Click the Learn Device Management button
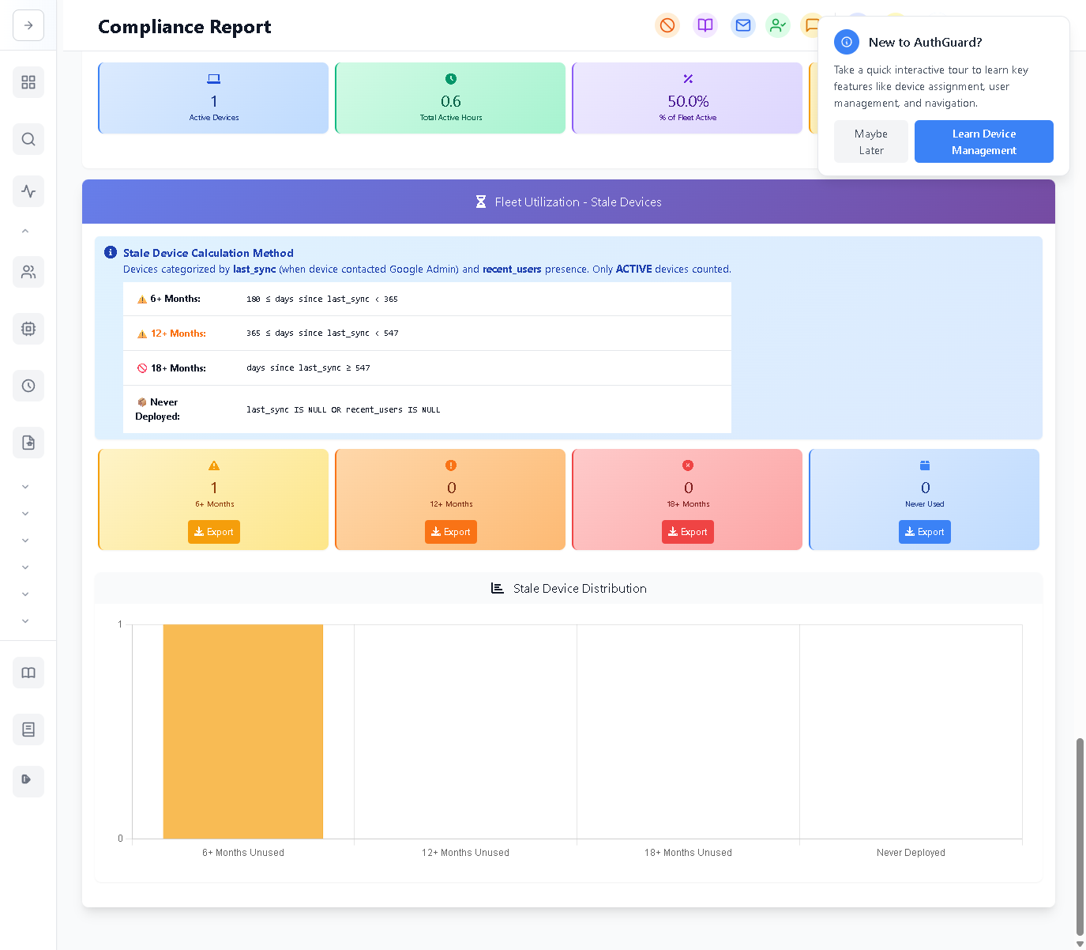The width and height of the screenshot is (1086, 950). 983,141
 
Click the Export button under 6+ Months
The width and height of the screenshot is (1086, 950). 213,532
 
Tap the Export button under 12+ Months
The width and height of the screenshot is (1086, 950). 450,532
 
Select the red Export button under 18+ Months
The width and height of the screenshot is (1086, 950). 687,532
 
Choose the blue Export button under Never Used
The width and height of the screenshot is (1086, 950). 924,532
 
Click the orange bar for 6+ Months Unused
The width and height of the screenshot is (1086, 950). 243,731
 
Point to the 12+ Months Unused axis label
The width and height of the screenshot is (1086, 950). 465,853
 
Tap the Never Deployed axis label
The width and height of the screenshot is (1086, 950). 911,853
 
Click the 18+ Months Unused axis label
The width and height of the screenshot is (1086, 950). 688,853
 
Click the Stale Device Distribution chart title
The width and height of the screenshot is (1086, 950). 579,589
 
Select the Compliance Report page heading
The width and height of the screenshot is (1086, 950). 184,27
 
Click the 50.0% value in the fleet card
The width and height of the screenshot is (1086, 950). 688,101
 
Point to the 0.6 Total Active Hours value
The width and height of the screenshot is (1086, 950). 451,101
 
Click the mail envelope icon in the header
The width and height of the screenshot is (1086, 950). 742,25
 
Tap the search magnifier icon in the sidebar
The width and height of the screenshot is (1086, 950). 28,139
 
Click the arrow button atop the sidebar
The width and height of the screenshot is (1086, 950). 28,25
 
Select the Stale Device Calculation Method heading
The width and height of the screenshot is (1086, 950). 208,253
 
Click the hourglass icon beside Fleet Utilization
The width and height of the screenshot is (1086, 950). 481,202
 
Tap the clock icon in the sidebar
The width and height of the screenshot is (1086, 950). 28,386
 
